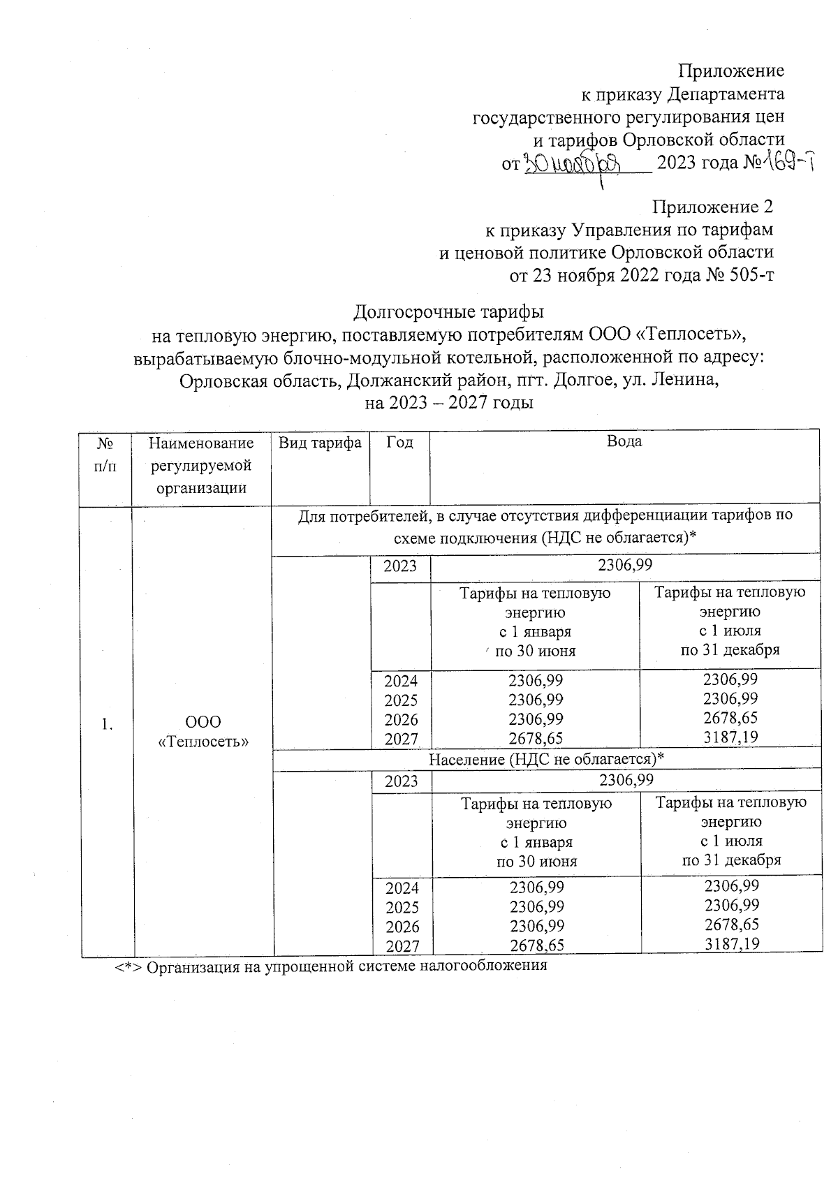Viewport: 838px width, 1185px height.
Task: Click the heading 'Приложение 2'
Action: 712,207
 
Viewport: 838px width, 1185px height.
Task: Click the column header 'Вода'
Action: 624,441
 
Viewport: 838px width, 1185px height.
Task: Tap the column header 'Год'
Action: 399,443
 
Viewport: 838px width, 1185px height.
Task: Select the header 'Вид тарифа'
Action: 320,443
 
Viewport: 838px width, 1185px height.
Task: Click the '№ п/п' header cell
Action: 105,454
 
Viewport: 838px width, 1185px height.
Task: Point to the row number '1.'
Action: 106,724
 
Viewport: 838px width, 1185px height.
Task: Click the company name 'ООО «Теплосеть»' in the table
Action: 203,731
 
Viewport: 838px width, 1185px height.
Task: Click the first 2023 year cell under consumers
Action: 400,566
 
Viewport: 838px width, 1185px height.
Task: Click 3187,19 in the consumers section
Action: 730,737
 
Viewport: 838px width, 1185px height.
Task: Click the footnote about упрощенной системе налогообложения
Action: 332,966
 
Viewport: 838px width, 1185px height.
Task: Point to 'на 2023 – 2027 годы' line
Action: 449,403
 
